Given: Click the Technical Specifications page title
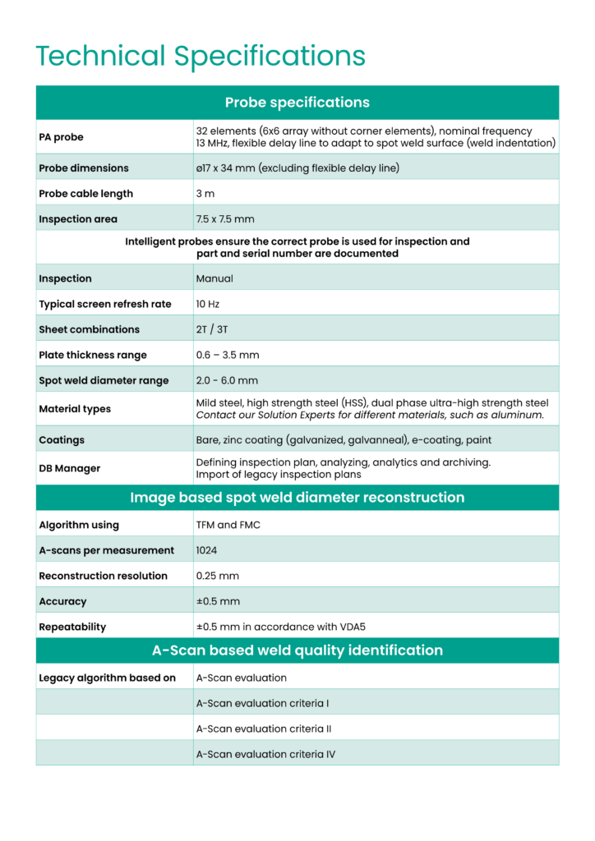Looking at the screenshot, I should tap(201, 56).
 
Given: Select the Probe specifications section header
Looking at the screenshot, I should tap(297, 103).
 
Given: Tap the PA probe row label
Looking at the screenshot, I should tap(61, 137).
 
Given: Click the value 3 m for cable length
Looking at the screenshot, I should tap(205, 194).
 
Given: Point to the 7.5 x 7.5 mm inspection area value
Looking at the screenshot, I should tap(224, 219).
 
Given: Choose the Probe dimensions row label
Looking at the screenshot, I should tap(84, 168).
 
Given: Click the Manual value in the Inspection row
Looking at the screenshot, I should tap(214, 278).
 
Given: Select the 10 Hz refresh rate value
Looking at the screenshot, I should tap(208, 304).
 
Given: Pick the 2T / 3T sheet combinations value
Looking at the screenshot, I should tap(211, 329).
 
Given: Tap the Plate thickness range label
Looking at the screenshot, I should tap(93, 355).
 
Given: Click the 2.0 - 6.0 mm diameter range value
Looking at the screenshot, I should tap(227, 380).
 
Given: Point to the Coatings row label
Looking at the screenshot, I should tap(62, 439).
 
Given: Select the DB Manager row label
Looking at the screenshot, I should tap(70, 468).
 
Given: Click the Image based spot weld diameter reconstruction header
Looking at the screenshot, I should tap(297, 498).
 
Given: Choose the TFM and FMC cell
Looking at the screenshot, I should tap(228, 525).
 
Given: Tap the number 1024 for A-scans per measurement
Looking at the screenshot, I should tap(206, 550).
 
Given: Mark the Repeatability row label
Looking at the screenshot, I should tap(72, 627).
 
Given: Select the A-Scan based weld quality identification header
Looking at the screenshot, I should tap(297, 650).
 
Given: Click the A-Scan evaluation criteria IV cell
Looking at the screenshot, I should tap(265, 754).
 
